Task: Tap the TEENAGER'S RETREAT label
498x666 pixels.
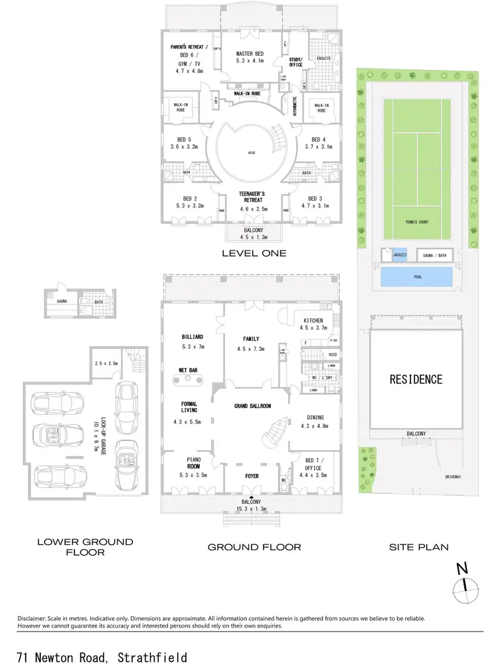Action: pyautogui.click(x=251, y=193)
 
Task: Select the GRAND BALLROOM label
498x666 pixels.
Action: pyautogui.click(x=251, y=405)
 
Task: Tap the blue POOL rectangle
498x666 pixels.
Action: pyautogui.click(x=418, y=277)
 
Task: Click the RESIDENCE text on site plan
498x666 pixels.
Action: pyautogui.click(x=416, y=380)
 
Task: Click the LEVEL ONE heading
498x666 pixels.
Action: pyautogui.click(x=254, y=253)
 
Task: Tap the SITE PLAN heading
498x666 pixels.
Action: pyautogui.click(x=418, y=548)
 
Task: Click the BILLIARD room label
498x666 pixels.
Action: pyautogui.click(x=192, y=337)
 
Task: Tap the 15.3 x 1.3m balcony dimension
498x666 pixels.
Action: pyautogui.click(x=251, y=509)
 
